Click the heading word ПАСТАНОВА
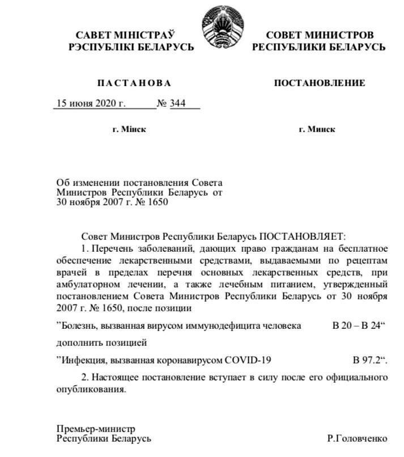click(134, 83)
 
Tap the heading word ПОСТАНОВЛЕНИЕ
click(320, 83)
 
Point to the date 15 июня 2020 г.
click(89, 104)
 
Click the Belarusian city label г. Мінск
click(130, 129)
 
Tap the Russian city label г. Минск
click(317, 129)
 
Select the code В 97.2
click(370, 360)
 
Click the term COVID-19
click(248, 360)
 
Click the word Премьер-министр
click(96, 429)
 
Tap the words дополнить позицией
click(102, 343)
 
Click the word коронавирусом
click(188, 360)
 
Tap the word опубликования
click(90, 390)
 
